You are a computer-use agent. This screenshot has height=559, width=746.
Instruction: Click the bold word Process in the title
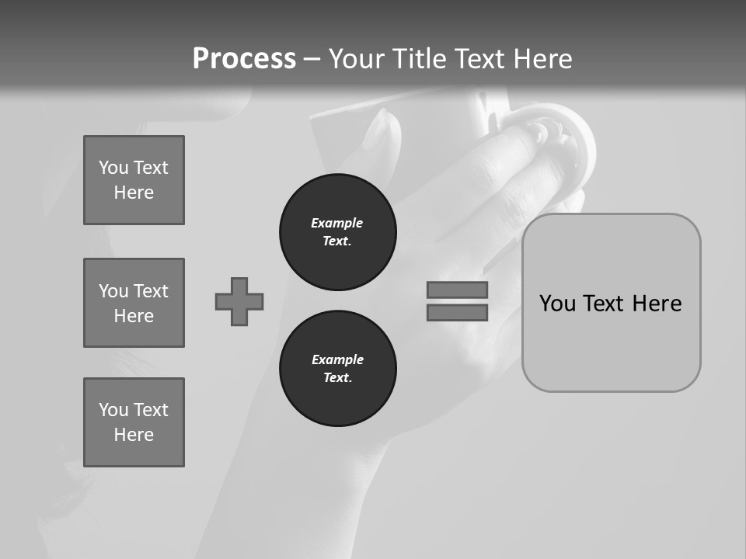coord(244,59)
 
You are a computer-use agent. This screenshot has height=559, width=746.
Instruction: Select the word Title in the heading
coord(420,59)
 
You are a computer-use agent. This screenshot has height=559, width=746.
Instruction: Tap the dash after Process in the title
coord(312,60)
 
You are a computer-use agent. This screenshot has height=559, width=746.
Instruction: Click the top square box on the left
coord(134,180)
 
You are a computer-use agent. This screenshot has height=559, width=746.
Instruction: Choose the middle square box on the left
coord(134,303)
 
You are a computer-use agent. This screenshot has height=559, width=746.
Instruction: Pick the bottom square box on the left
coord(134,422)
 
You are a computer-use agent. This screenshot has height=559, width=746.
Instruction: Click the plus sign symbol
coord(239,301)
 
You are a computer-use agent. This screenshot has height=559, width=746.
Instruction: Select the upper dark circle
coord(337,232)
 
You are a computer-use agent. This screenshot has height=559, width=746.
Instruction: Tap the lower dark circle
coord(337,369)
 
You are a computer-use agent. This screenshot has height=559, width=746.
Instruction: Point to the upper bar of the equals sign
coord(457,290)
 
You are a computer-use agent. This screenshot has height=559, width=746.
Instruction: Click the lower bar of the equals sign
coord(457,313)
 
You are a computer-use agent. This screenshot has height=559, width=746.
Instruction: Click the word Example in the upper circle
coord(336,223)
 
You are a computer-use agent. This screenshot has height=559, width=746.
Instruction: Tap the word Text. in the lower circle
coord(337,378)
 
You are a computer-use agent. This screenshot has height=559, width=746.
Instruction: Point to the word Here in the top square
coord(134,193)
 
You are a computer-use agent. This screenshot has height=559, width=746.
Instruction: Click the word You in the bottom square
coord(113,410)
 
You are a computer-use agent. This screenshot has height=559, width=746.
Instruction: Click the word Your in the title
coord(357,59)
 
